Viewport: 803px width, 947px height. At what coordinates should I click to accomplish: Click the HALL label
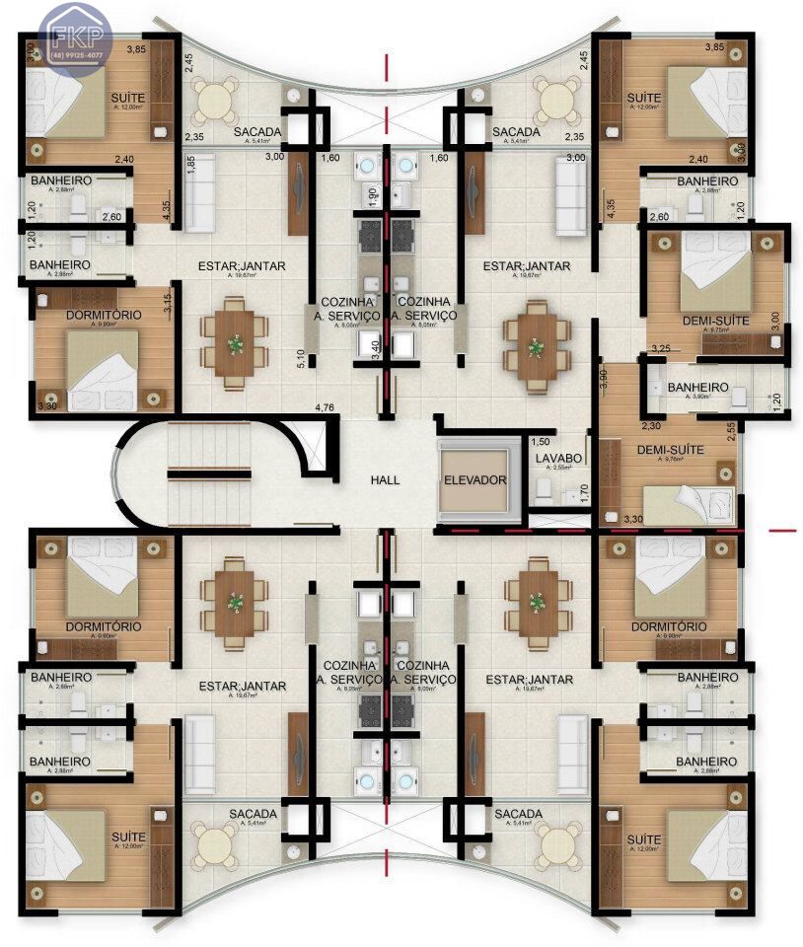coord(385,479)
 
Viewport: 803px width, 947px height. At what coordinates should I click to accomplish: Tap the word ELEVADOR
coord(475,480)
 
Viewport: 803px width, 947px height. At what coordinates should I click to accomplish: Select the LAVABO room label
coord(553,460)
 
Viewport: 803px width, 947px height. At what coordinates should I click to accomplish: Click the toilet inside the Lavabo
coord(542,489)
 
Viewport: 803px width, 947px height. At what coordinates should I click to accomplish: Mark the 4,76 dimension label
coord(325,406)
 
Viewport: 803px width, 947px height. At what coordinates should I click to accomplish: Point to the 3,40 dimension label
coord(375,349)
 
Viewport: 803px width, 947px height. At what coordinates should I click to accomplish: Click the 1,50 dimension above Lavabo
coord(540,442)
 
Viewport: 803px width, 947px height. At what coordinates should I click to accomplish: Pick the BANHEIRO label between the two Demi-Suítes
coord(697,388)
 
